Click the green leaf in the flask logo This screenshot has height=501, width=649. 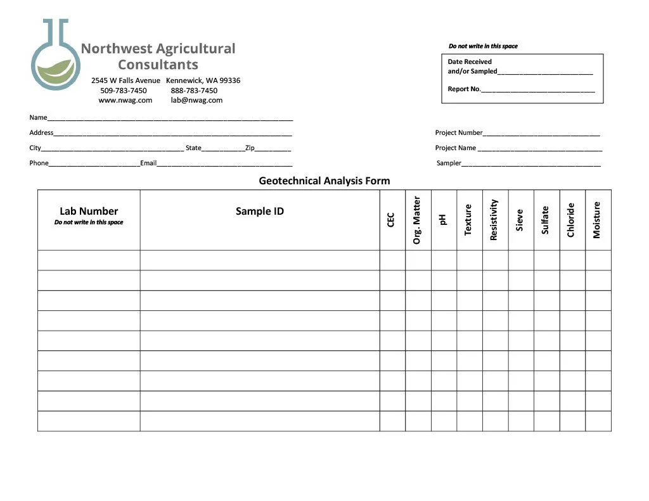tap(56, 71)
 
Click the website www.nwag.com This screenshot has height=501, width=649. tap(125, 100)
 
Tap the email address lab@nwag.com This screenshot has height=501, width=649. tap(196, 100)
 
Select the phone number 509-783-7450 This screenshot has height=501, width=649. tap(124, 91)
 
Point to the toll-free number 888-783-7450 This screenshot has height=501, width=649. tap(194, 91)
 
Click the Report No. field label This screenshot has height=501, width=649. tap(464, 89)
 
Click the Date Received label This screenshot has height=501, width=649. tap(470, 62)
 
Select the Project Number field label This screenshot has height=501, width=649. tap(459, 133)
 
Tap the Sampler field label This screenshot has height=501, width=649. tap(449, 163)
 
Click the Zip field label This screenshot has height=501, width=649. tap(250, 148)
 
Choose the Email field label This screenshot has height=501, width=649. tap(148, 163)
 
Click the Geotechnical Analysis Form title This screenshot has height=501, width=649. tap(324, 181)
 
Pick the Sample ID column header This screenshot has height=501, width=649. tap(260, 212)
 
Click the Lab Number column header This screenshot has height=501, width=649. tap(89, 212)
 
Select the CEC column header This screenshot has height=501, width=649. tap(391, 219)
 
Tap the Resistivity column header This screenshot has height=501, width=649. tap(494, 220)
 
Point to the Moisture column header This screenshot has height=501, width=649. tap(596, 220)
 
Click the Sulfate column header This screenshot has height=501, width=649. tap(545, 220)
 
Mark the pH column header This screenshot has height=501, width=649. tap(443, 219)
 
